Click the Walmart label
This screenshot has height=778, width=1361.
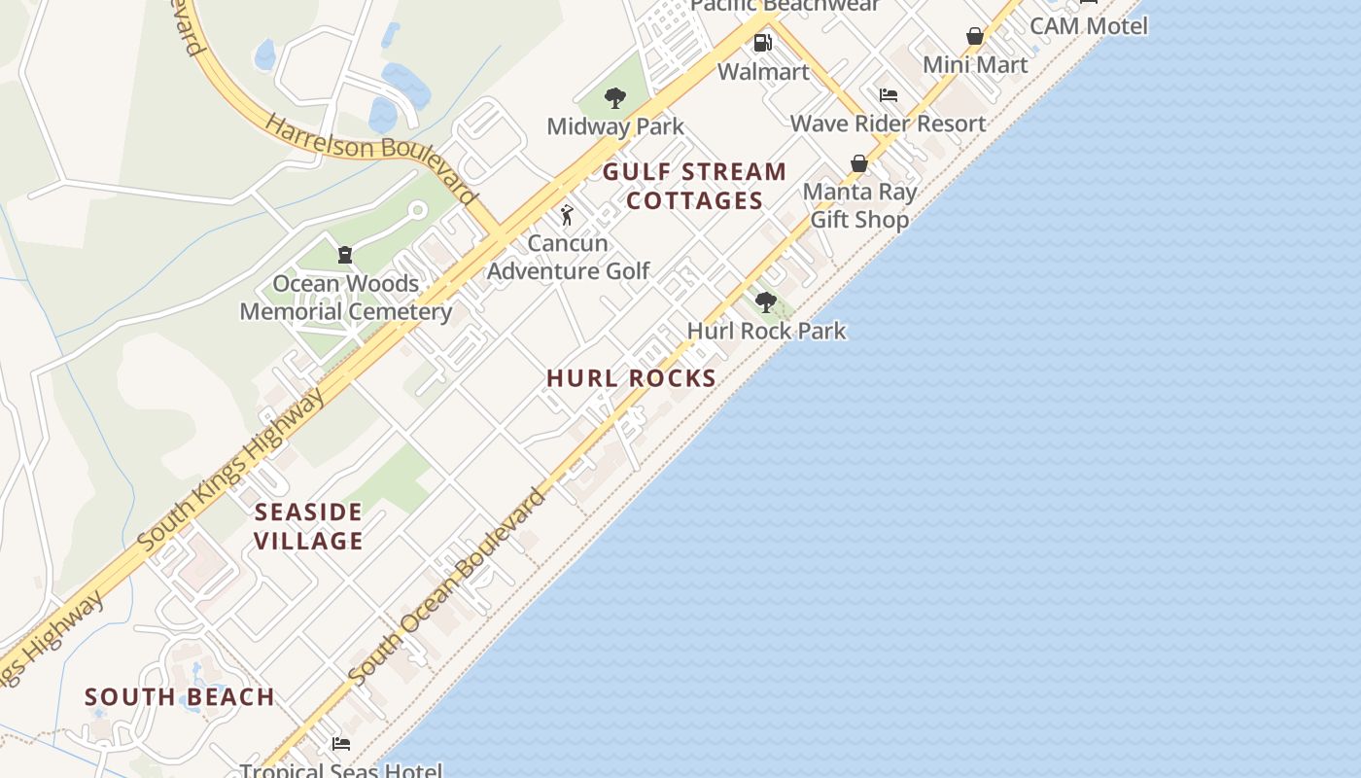(763, 72)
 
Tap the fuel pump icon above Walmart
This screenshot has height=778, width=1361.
(763, 43)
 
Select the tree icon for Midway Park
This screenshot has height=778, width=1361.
(614, 97)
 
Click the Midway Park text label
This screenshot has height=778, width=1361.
(615, 126)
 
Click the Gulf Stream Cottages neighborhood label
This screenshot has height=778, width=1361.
(694, 186)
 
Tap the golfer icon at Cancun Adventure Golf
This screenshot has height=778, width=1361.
(567, 215)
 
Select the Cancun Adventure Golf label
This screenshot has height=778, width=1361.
(568, 257)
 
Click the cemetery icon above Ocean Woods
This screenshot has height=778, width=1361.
(344, 255)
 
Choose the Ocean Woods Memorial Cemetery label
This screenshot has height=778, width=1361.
(345, 298)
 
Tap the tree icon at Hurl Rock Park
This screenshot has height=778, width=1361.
(766, 301)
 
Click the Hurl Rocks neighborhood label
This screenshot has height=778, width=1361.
(632, 378)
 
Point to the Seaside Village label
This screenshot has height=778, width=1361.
(309, 526)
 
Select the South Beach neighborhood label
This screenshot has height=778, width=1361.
(180, 697)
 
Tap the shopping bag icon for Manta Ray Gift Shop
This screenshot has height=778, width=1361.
(859, 163)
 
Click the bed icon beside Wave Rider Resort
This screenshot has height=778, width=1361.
(888, 95)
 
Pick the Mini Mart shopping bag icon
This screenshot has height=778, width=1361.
(975, 37)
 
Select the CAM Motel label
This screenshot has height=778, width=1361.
(1089, 25)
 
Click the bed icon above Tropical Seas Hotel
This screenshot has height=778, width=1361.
(340, 744)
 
